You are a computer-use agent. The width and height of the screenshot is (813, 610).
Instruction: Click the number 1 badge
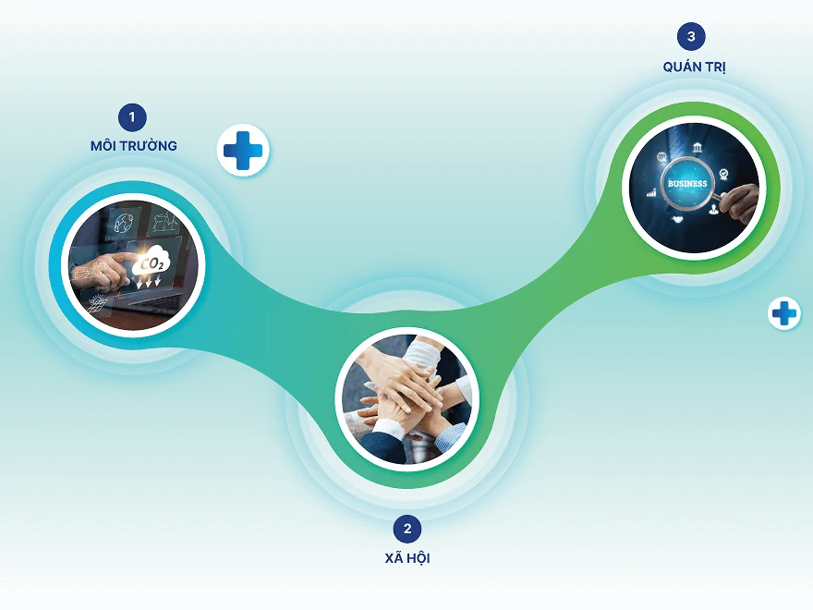point(132,117)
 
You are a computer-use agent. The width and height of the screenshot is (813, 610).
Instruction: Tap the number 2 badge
point(407,529)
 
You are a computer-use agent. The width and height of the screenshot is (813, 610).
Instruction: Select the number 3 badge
point(691,36)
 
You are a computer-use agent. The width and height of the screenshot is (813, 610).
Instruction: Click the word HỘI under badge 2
point(418,558)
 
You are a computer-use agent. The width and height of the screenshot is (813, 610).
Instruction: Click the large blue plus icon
point(243,151)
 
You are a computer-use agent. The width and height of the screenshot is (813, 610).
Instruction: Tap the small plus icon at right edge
point(784,313)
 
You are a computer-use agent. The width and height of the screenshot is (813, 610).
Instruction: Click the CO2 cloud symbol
point(152,263)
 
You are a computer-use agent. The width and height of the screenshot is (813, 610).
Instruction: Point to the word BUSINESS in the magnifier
point(687,184)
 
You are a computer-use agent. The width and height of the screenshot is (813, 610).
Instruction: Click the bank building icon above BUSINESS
point(698,148)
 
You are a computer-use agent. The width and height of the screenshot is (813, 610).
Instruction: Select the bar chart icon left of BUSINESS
point(651,193)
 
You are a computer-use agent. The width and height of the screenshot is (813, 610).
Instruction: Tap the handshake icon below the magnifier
point(677,219)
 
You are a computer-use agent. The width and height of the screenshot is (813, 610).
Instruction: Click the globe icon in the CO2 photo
point(125,222)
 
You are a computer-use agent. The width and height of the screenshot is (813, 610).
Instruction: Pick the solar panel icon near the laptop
point(98,303)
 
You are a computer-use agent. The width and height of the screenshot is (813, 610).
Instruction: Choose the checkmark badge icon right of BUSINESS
point(723,175)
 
